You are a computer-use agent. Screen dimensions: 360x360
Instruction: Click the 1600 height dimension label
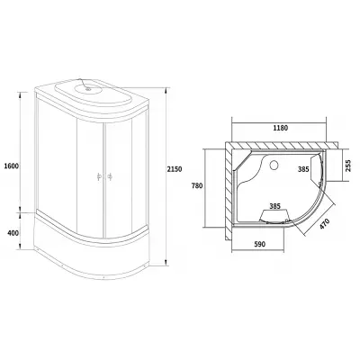pyautogui.click(x=12, y=166)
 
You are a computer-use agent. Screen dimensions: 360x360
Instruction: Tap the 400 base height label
pyautogui.click(x=13, y=233)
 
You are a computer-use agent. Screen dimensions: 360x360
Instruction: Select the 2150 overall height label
pyautogui.click(x=175, y=169)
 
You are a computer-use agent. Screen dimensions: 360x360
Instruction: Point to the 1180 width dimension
pyautogui.click(x=280, y=128)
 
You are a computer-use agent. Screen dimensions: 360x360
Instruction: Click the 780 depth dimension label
pyautogui.click(x=197, y=186)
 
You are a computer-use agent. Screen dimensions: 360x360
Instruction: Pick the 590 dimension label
pyautogui.click(x=260, y=245)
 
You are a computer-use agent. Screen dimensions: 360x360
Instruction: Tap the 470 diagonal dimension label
pyautogui.click(x=324, y=224)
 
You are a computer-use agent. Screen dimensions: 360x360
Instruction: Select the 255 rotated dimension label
pyautogui.click(x=347, y=166)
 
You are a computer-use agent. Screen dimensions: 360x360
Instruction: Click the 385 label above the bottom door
pyautogui.click(x=274, y=206)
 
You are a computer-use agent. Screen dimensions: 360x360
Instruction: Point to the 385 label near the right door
pyautogui.click(x=303, y=169)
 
